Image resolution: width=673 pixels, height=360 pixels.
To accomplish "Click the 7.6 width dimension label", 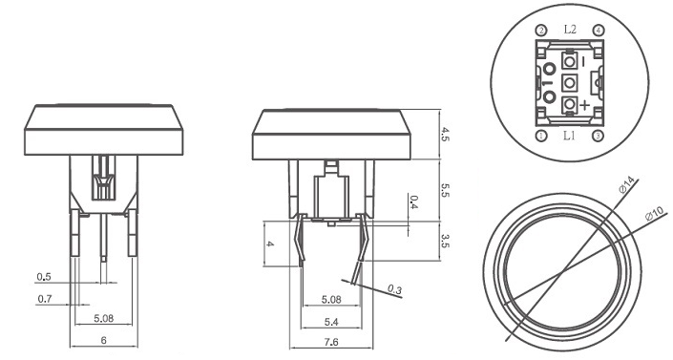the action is tap(331, 342).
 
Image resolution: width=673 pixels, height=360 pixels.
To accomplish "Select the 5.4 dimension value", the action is tap(331, 322).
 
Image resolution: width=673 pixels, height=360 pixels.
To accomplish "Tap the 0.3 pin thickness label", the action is tap(394, 289).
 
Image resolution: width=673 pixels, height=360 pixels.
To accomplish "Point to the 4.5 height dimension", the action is tap(445, 135).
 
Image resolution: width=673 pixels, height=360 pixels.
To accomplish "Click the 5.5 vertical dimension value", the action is tap(445, 189).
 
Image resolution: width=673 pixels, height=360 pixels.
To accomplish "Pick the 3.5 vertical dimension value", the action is tap(445, 241).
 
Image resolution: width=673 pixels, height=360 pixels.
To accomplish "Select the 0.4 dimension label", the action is tap(413, 201).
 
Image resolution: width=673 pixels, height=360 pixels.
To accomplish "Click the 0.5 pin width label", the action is tap(44, 277).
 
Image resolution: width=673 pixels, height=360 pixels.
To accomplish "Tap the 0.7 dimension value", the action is tap(45, 298).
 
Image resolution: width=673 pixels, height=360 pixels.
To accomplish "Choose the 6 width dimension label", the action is tap(103, 340).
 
